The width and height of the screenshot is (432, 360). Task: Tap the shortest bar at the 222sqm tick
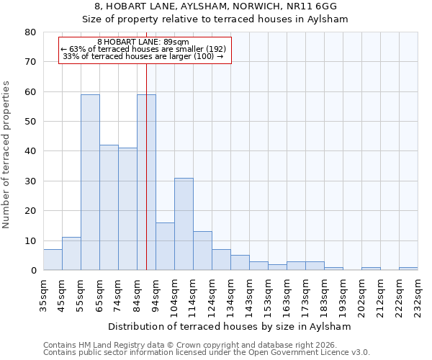click(408, 269)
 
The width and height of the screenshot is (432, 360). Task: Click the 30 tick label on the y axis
click(30, 181)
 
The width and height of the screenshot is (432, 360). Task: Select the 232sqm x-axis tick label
click(418, 291)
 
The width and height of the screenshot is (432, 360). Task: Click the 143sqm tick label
click(249, 291)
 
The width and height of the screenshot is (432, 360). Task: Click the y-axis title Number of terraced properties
click(7, 155)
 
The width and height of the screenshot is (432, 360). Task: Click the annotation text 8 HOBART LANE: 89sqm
click(143, 42)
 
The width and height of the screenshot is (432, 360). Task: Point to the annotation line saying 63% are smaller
click(143, 49)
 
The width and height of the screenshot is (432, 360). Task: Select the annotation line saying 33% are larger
click(143, 56)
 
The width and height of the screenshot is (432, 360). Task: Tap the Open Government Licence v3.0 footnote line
click(207, 352)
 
